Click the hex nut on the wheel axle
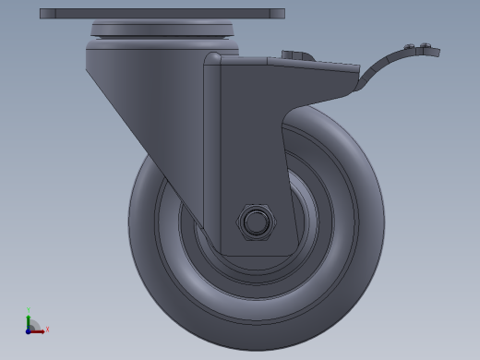tap(256, 222)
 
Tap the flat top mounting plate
tap(162, 14)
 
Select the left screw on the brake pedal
tap(410, 47)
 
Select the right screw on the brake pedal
tap(424, 47)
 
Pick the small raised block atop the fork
tap(294, 57)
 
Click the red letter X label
tap(46, 329)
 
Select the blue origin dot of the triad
tap(29, 329)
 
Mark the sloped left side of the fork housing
tap(138, 111)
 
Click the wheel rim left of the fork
tap(171, 231)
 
